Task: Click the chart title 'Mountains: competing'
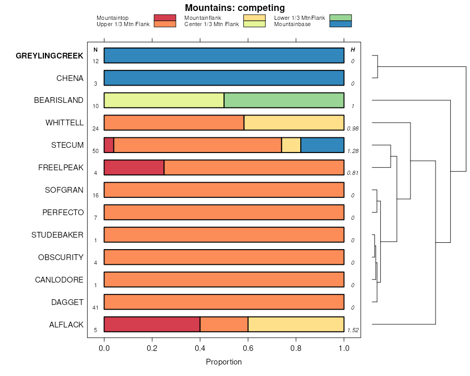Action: coord(234,8)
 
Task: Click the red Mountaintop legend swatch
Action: coord(165,18)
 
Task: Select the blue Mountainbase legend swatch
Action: coord(341,23)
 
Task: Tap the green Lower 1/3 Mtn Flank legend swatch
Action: coord(341,18)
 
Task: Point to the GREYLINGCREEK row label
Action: coord(50,56)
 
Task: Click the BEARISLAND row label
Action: coord(58,100)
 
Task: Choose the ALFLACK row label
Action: coord(66,325)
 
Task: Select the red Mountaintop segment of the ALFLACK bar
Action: coord(152,324)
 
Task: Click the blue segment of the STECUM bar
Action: coord(322,145)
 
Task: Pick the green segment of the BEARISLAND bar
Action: coord(284,100)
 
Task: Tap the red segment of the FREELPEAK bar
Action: coord(134,167)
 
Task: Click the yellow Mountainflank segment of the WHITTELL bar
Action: coord(293,122)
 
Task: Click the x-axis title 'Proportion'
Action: coord(224,362)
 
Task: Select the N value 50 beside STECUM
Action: coord(96,151)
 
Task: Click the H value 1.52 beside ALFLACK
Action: coord(353,330)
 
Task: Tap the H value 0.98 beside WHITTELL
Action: coord(353,128)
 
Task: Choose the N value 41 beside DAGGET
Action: coord(96,308)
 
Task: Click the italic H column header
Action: coord(353,50)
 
